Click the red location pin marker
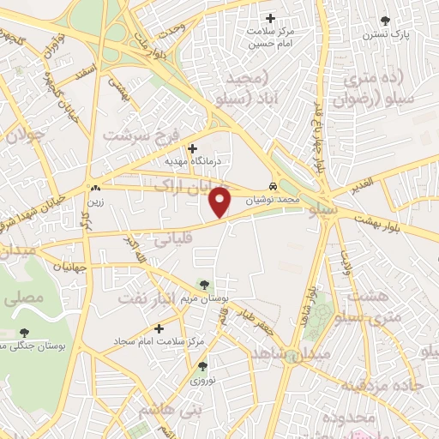pos(222,201)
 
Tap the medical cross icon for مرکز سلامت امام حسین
pos(271,18)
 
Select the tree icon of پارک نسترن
pos(384,20)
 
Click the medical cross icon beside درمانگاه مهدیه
pos(192,147)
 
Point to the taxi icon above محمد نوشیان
pos(272,186)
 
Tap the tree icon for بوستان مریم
pos(204,285)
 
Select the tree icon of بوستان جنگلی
pos(22,332)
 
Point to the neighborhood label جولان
pos(24,135)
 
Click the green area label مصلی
pos(24,300)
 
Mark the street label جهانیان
pos(69,267)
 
